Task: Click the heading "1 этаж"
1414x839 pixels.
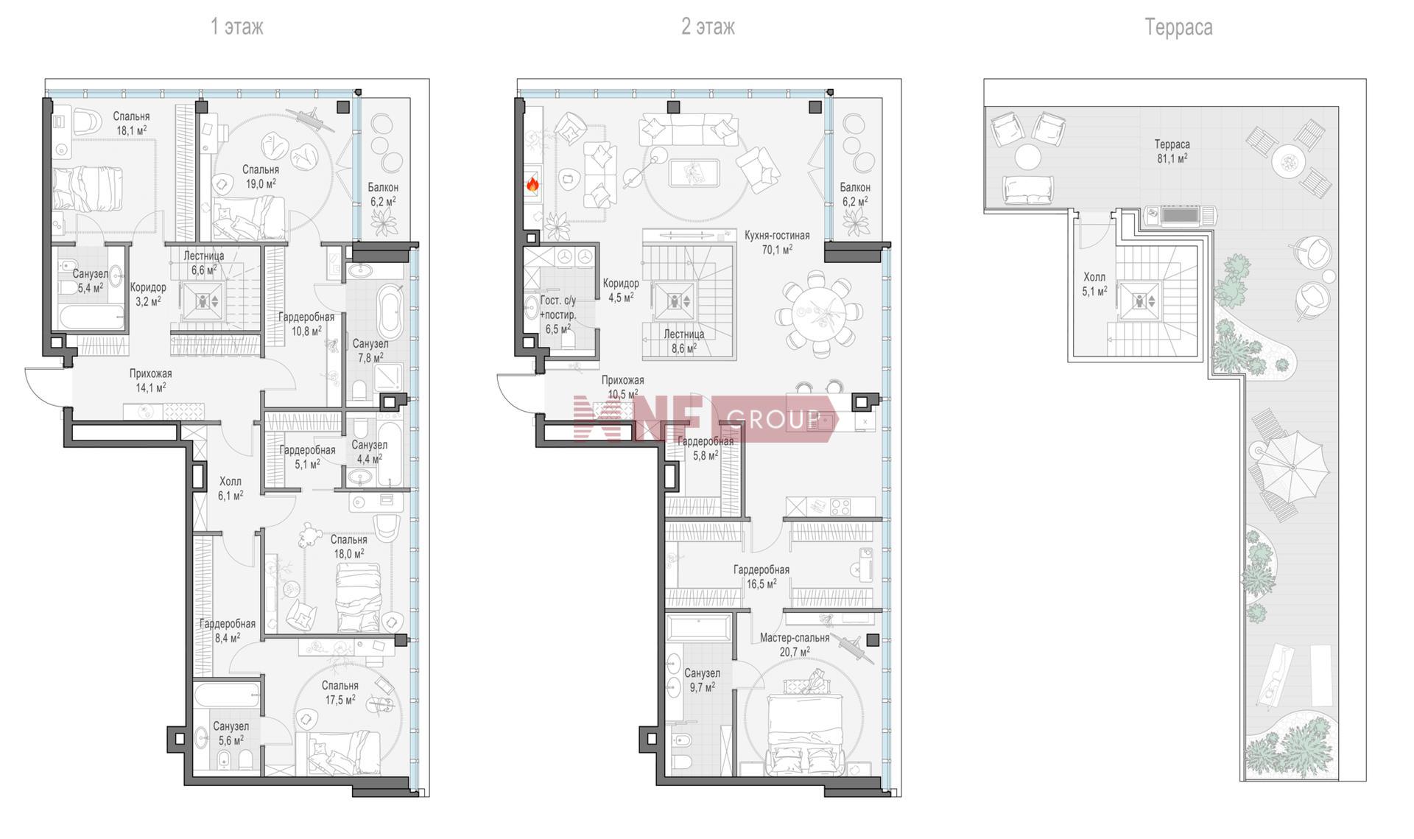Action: coord(236,27)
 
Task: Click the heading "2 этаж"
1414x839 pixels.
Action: coord(708,27)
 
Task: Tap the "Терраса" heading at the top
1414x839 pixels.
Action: coord(1178,28)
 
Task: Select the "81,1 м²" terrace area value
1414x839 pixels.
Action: coord(1172,158)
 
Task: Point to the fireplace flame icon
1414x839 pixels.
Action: coord(532,184)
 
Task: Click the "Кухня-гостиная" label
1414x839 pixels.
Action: coord(777,236)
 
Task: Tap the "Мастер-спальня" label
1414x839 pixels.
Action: coord(795,638)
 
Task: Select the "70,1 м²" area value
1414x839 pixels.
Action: coord(777,250)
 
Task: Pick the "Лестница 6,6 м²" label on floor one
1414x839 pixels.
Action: coord(204,263)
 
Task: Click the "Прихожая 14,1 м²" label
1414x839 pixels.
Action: coord(150,380)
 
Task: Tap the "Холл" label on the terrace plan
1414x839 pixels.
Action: coord(1094,278)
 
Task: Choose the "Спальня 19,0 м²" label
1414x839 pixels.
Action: coord(261,177)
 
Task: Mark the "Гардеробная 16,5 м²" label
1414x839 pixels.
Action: coord(761,577)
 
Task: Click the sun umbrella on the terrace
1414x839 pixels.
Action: coord(1290,466)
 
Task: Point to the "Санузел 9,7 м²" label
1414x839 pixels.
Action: coord(702,681)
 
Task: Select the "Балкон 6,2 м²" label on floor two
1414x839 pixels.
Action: coord(855,194)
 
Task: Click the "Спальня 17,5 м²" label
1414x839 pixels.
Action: coord(340,693)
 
